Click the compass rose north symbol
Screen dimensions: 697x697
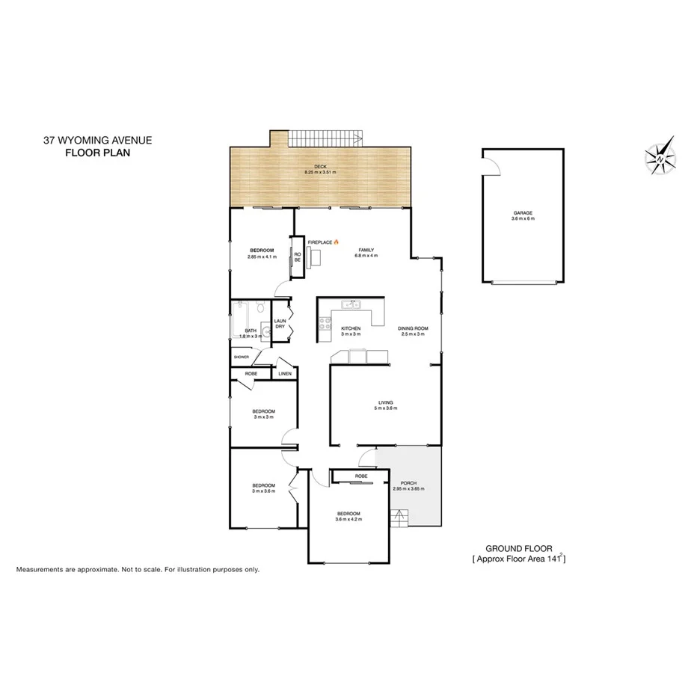pyautogui.click(x=661, y=156)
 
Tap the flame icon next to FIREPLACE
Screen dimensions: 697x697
pyautogui.click(x=337, y=242)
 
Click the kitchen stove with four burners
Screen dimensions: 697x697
pyautogui.click(x=326, y=323)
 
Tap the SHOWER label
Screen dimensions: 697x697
pyautogui.click(x=241, y=357)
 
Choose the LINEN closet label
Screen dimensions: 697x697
pyautogui.click(x=285, y=372)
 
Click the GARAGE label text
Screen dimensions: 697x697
pyautogui.click(x=523, y=212)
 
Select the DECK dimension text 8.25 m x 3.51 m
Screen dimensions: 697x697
pyautogui.click(x=320, y=173)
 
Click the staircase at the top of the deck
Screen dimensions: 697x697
pyautogui.click(x=326, y=138)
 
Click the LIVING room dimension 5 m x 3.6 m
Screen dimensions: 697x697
pyautogui.click(x=385, y=408)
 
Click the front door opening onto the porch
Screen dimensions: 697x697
pyautogui.click(x=366, y=457)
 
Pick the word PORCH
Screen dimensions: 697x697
pyautogui.click(x=408, y=483)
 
